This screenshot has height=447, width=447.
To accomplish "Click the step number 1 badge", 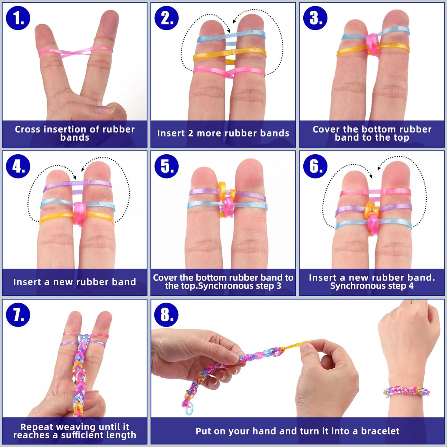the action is pyautogui.click(x=18, y=18).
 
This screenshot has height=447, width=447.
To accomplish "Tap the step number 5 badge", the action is pyautogui.click(x=167, y=166).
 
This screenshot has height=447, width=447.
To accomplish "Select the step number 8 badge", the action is pyautogui.click(x=167, y=315).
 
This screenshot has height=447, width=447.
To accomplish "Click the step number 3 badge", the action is pyautogui.click(x=315, y=18).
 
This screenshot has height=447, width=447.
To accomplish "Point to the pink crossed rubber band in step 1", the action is pyautogui.click(x=76, y=53).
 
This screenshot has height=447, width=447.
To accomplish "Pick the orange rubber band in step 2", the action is pyautogui.click(x=230, y=54).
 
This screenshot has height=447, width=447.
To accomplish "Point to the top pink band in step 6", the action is pyautogui.click(x=375, y=193).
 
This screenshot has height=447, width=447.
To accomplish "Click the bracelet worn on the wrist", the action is pyautogui.click(x=406, y=391).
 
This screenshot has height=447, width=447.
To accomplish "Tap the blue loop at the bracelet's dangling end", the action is pyautogui.click(x=190, y=410).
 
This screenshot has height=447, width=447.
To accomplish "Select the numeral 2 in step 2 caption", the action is pyautogui.click(x=190, y=133).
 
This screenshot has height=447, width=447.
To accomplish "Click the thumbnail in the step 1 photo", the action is pyautogui.click(x=104, y=109).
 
